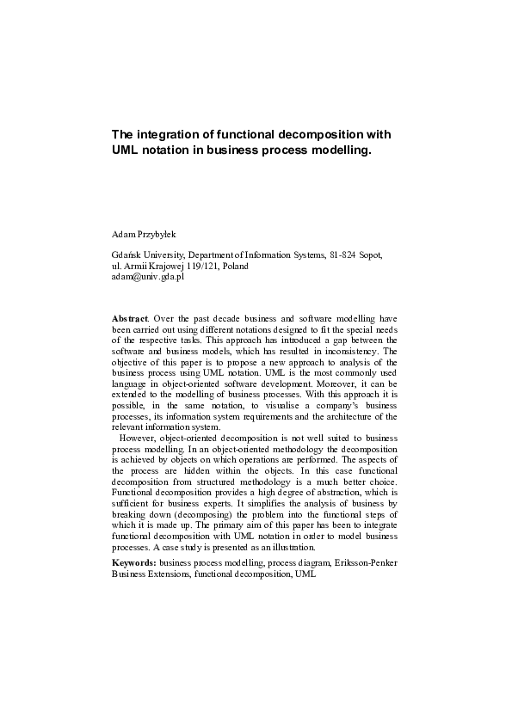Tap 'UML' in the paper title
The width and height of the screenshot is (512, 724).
tap(126, 150)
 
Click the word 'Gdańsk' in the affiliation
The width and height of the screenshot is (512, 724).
tap(127, 255)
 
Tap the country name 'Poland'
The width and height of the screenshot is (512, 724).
tap(235, 267)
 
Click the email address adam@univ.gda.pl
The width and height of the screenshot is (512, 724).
tap(148, 277)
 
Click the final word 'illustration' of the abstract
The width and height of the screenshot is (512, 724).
tap(292, 547)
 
